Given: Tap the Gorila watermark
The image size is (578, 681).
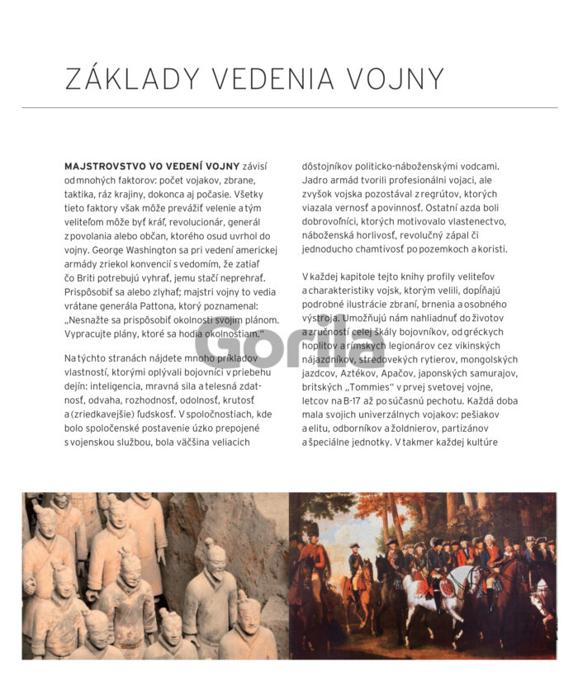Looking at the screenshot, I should (x=289, y=345).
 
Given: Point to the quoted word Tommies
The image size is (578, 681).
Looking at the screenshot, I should (x=367, y=386).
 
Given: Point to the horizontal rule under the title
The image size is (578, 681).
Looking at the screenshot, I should (x=289, y=107).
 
